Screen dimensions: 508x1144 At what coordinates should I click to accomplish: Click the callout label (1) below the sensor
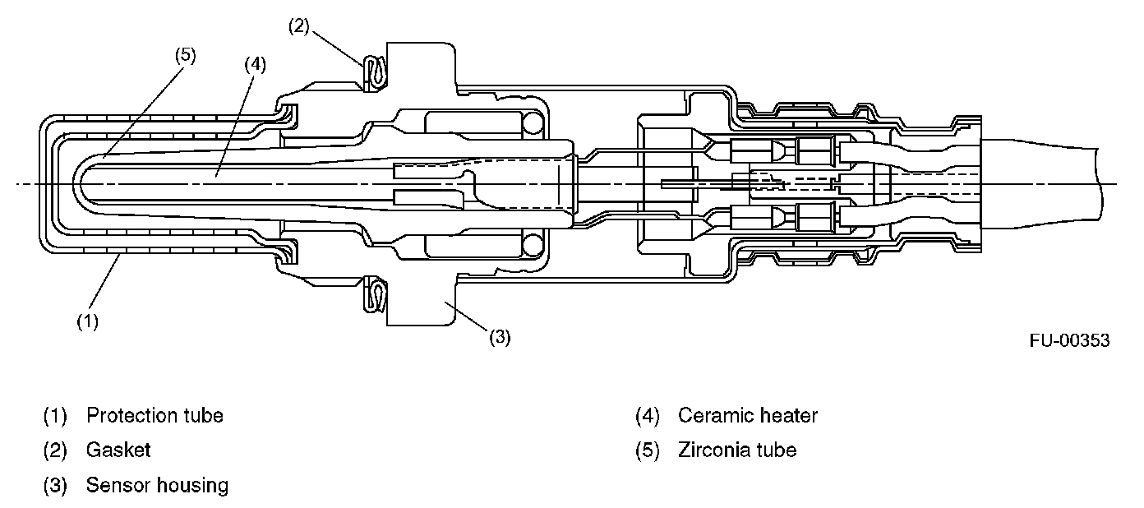(x=87, y=321)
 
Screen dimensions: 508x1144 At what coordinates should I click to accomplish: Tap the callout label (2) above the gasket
(x=298, y=25)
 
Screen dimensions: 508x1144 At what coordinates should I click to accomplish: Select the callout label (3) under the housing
(x=500, y=337)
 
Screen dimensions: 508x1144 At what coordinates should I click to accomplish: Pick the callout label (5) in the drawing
(x=185, y=56)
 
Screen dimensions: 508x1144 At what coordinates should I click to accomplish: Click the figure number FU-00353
(x=1069, y=339)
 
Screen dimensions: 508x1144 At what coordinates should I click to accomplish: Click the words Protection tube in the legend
(x=155, y=415)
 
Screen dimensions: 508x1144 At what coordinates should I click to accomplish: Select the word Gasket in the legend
(x=118, y=450)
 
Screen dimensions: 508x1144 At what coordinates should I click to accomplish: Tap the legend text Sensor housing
(x=157, y=485)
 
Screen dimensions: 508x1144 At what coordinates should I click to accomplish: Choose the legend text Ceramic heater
(x=748, y=415)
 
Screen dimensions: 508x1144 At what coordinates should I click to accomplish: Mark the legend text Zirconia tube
(x=737, y=450)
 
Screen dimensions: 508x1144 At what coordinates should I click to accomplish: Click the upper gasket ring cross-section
(x=376, y=71)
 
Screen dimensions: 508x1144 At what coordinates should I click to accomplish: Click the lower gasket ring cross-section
(x=376, y=295)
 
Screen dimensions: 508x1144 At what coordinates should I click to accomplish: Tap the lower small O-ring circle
(x=534, y=243)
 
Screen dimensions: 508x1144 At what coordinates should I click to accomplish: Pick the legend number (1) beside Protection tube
(x=55, y=415)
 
